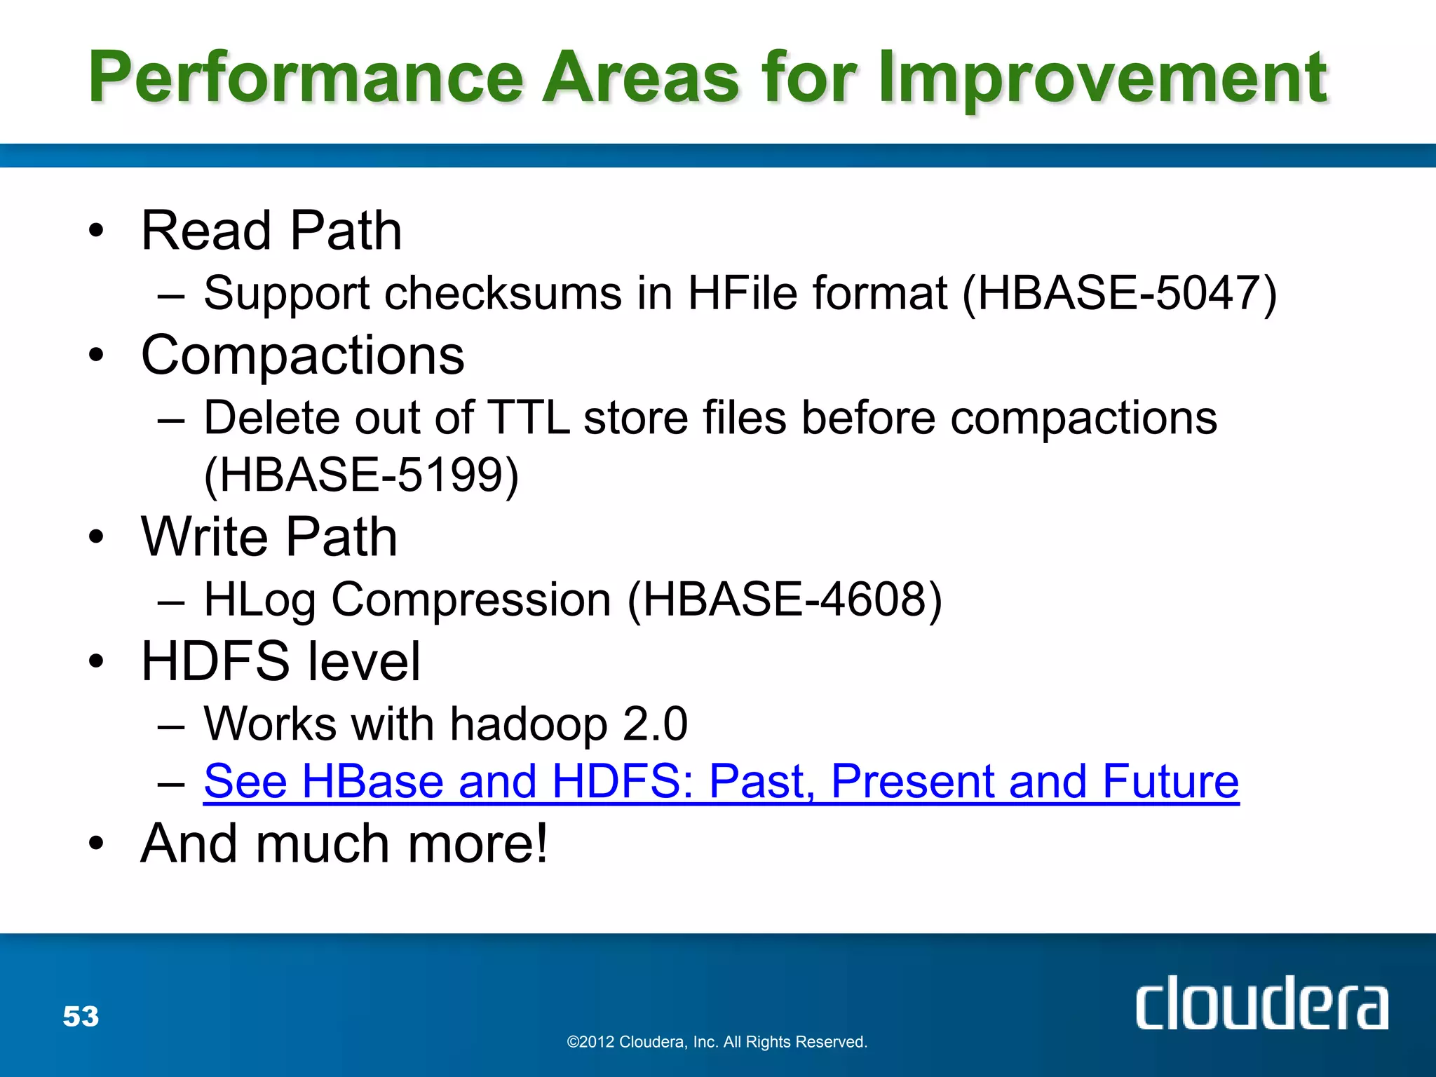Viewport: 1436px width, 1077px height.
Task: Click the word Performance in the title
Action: [306, 77]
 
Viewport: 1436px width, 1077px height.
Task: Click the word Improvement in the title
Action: [1102, 77]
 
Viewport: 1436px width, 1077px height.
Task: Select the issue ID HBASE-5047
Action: [1120, 292]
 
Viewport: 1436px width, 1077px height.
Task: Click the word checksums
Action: [503, 292]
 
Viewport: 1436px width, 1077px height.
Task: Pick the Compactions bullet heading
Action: [302, 355]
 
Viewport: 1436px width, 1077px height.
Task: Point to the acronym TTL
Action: [527, 418]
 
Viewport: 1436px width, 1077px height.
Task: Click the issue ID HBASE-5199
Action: [362, 475]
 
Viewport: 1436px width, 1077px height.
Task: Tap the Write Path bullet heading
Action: [269, 537]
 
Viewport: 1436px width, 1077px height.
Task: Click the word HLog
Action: [259, 600]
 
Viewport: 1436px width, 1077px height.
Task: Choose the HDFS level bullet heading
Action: [280, 661]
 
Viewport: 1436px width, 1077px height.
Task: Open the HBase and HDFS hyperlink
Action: [721, 781]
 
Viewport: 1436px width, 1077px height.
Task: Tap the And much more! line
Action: [344, 843]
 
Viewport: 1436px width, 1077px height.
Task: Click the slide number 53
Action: [81, 1016]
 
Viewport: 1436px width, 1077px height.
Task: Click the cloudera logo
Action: [1261, 1003]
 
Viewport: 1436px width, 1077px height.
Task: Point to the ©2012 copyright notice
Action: [717, 1042]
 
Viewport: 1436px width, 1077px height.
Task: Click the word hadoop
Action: [528, 724]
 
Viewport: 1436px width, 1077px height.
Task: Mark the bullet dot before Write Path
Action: [96, 538]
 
